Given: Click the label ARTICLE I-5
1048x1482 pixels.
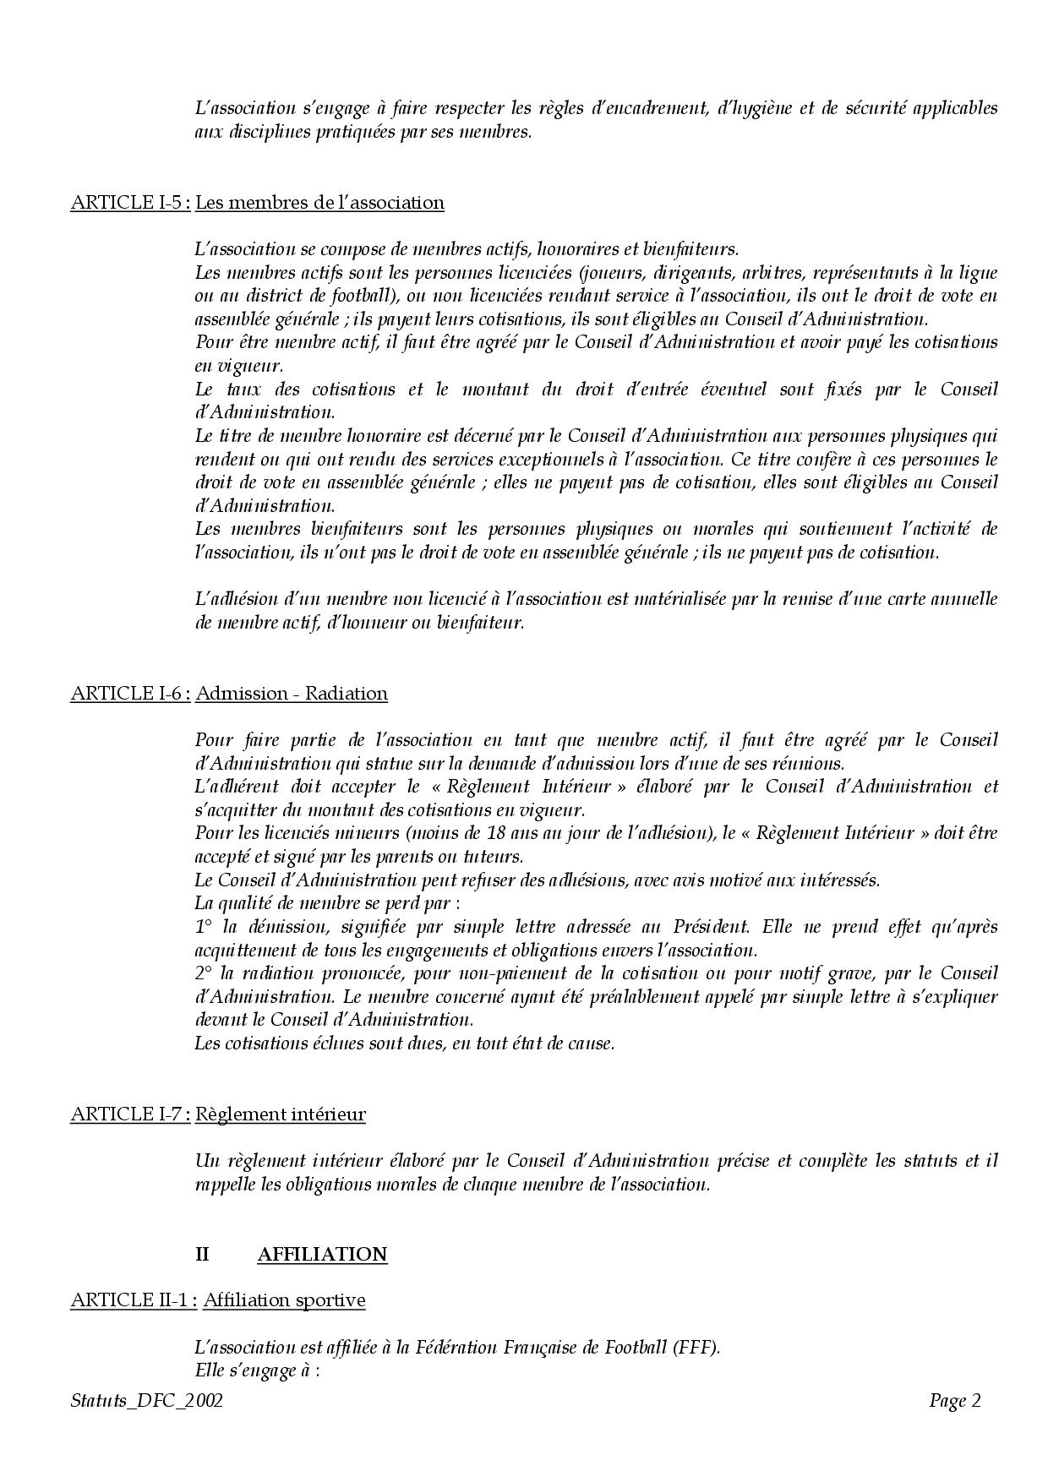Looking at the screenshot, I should click(129, 203).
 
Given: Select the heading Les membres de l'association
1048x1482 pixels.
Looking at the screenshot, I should click(319, 203).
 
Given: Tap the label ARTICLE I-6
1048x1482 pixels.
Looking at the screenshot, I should click(129, 694).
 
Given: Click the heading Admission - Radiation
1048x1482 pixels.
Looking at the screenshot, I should click(292, 694).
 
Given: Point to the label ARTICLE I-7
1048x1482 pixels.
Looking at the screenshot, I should click(129, 1114).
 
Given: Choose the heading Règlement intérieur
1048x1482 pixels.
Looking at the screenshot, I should click(281, 1114).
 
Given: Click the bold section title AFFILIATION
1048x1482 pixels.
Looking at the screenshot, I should click(322, 1254).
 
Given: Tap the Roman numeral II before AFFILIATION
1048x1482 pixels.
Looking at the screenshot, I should click(202, 1254).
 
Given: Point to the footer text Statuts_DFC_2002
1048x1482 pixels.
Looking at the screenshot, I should click(147, 1402).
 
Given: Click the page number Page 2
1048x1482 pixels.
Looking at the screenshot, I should click(954, 1402).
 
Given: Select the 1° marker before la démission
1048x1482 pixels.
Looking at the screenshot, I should click(203, 927).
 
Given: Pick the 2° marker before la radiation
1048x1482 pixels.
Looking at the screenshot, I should click(204, 973).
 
